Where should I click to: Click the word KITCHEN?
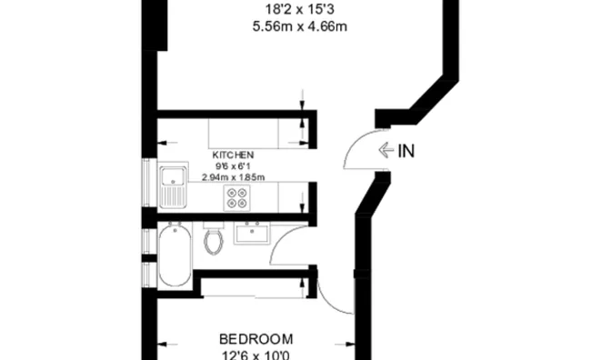point(234,155)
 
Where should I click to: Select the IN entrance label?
point(406,151)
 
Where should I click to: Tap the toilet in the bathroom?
point(215,241)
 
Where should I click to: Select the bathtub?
point(175,256)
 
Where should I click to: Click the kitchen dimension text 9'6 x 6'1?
point(234,166)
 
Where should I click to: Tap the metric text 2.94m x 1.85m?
point(234,177)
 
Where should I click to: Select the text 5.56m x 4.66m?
point(301,27)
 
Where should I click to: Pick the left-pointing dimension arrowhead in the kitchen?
point(164,142)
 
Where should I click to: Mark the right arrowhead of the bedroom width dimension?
point(350,344)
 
